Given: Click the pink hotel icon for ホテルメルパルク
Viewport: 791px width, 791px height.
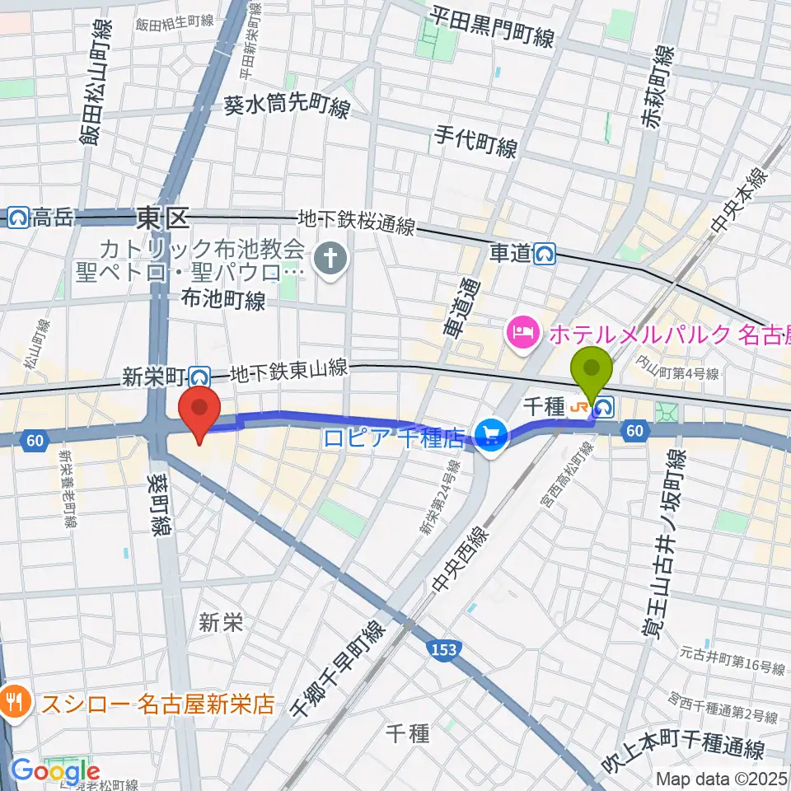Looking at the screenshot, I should pos(522,334).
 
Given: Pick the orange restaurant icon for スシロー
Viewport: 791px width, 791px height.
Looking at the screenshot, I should pos(15,704).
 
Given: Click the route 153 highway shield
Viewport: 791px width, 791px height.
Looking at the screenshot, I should pos(442,651).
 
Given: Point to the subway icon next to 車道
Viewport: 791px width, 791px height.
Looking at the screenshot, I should pos(544,255).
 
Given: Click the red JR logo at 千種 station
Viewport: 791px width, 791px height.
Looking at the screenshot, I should pos(583,406).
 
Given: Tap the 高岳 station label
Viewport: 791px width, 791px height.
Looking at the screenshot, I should pos(53,218).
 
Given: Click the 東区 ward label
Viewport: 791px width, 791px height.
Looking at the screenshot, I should pos(162,218).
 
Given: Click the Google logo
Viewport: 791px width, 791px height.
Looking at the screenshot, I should pos(55,772).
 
